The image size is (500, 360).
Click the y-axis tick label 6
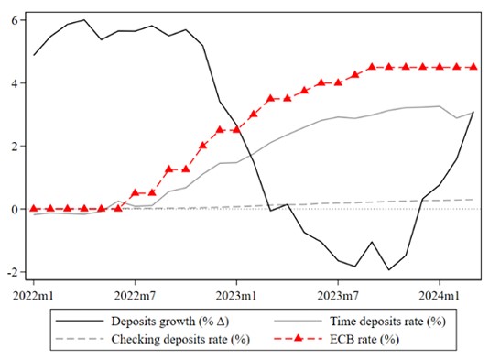pyautogui.click(x=14, y=20)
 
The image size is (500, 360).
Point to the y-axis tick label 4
pyautogui.click(x=14, y=83)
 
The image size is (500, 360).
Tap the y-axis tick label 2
pyautogui.click(x=14, y=146)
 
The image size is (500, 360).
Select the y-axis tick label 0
pyautogui.click(x=14, y=209)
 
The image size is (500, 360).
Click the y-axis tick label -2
pyautogui.click(x=12, y=272)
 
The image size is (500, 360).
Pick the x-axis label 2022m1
pyautogui.click(x=33, y=296)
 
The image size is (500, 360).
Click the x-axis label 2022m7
pyautogui.click(x=135, y=296)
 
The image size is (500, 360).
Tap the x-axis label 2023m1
pyautogui.click(x=236, y=296)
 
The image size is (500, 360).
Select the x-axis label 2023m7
pyautogui.click(x=338, y=296)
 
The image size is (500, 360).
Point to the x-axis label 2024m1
pyautogui.click(x=440, y=296)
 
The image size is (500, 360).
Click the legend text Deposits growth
pyautogui.click(x=153, y=322)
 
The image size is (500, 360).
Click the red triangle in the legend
pyautogui.click(x=298, y=338)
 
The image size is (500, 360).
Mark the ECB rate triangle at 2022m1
pyautogui.click(x=34, y=208)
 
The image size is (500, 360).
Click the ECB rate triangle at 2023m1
pyautogui.click(x=236, y=129)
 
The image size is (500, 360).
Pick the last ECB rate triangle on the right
pyautogui.click(x=473, y=66)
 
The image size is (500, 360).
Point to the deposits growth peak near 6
pyautogui.click(x=84, y=20)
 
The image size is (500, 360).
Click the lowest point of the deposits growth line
pyautogui.click(x=388, y=269)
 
